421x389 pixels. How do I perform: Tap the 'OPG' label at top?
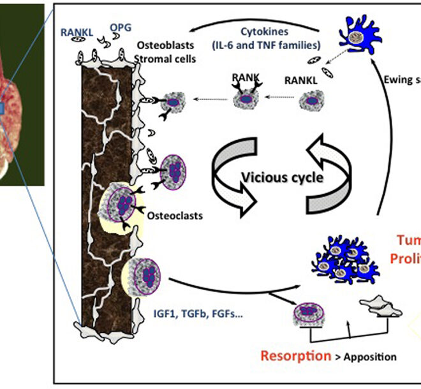121,27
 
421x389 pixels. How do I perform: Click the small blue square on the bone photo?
2,110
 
